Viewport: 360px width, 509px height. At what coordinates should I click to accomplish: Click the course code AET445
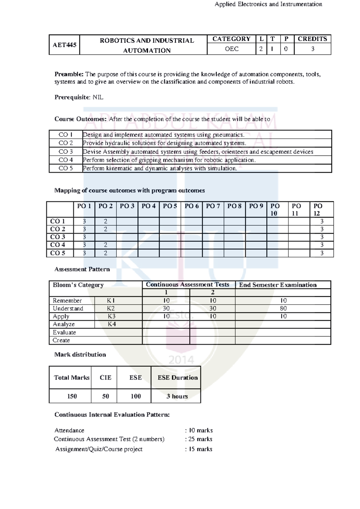click(x=64, y=45)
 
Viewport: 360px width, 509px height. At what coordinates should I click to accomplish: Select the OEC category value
click(x=232, y=49)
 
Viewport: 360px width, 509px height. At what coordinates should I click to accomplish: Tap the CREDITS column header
click(x=312, y=39)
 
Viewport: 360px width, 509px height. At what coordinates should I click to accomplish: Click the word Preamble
click(x=69, y=74)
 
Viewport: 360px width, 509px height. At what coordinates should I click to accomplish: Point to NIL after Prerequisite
click(x=98, y=97)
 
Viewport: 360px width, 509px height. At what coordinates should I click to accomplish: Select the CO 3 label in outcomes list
click(x=66, y=152)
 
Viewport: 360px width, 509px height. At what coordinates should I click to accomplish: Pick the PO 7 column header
click(x=213, y=206)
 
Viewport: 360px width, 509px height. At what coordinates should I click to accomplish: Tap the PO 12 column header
click(x=318, y=209)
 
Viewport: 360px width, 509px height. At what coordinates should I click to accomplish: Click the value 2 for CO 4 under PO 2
click(x=106, y=245)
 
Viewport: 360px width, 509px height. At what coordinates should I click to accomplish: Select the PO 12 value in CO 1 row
click(x=322, y=221)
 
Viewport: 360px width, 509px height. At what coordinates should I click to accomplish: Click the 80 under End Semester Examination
click(x=283, y=308)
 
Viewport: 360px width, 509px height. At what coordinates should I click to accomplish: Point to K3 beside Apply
click(x=112, y=316)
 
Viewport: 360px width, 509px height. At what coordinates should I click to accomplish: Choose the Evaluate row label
click(x=64, y=332)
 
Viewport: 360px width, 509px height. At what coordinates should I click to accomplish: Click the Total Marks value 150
click(x=72, y=396)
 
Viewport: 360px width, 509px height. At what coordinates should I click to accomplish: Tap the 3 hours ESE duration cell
click(x=177, y=396)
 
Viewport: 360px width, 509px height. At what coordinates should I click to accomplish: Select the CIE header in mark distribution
click(x=105, y=378)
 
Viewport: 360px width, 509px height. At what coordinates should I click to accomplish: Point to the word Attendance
click(x=69, y=430)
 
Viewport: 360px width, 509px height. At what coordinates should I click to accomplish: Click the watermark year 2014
click(x=181, y=360)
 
